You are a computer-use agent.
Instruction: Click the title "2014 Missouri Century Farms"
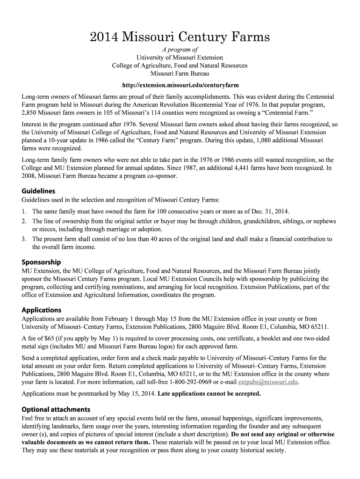click(x=180, y=37)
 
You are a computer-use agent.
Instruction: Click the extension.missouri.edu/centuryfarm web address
click(x=180, y=86)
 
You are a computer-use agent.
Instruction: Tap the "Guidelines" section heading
click(x=38, y=191)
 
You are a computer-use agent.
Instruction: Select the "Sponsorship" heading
click(x=41, y=262)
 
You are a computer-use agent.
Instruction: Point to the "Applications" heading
click(x=42, y=310)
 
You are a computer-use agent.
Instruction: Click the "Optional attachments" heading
click(x=56, y=409)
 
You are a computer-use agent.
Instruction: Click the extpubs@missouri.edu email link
click(x=268, y=382)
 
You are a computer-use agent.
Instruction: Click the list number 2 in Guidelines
click(x=24, y=221)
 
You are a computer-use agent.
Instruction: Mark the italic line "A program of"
click(x=180, y=50)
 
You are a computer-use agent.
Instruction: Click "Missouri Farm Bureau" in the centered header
click(x=180, y=73)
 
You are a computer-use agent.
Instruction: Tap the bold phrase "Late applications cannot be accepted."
click(x=209, y=393)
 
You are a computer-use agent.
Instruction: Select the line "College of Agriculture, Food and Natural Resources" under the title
click(x=180, y=65)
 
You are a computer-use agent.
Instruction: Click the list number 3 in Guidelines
click(x=24, y=239)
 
